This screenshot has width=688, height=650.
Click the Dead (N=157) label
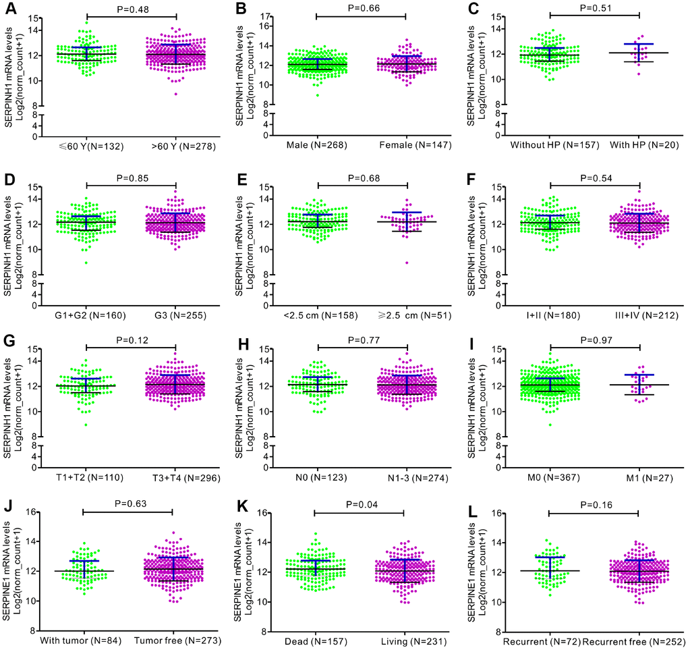tap(315, 640)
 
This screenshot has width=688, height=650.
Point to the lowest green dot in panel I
tap(550, 425)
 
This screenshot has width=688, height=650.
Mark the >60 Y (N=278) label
tap(175, 147)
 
